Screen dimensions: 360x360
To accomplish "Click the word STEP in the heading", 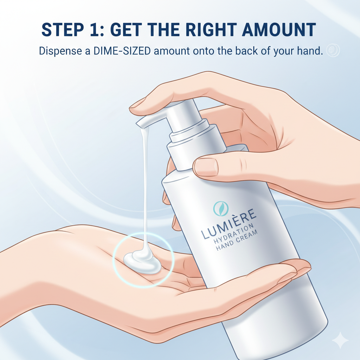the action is tap(63, 30).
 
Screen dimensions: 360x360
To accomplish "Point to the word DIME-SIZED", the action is tap(122, 51).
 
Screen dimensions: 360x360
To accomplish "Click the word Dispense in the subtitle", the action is tap(60, 51).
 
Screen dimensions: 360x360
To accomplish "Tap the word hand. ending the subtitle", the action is tap(310, 51).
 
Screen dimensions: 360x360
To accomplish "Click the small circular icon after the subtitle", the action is tap(333, 50).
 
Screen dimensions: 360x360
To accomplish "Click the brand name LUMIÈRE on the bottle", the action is tap(229, 224).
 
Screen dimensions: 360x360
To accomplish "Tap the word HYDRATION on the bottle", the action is tap(234, 233).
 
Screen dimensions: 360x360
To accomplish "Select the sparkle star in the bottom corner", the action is tap(340, 340).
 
